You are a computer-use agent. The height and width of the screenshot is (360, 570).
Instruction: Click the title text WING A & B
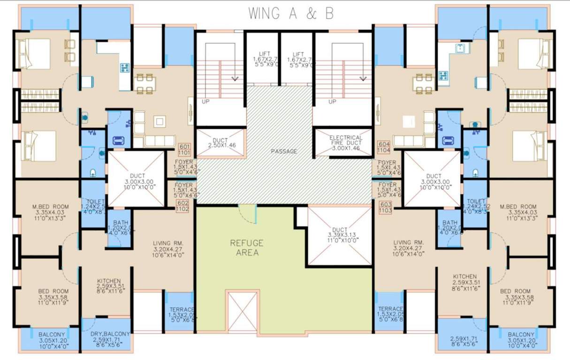pos(291,14)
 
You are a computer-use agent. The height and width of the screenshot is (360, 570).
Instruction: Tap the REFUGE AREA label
pos(246,247)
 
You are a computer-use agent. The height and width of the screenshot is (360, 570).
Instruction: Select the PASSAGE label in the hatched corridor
pos(284,151)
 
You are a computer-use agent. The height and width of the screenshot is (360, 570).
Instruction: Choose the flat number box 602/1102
pos(183,206)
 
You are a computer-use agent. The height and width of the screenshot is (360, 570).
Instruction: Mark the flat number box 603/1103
pos(385,208)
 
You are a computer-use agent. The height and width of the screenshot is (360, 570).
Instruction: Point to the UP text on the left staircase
pos(205,101)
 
